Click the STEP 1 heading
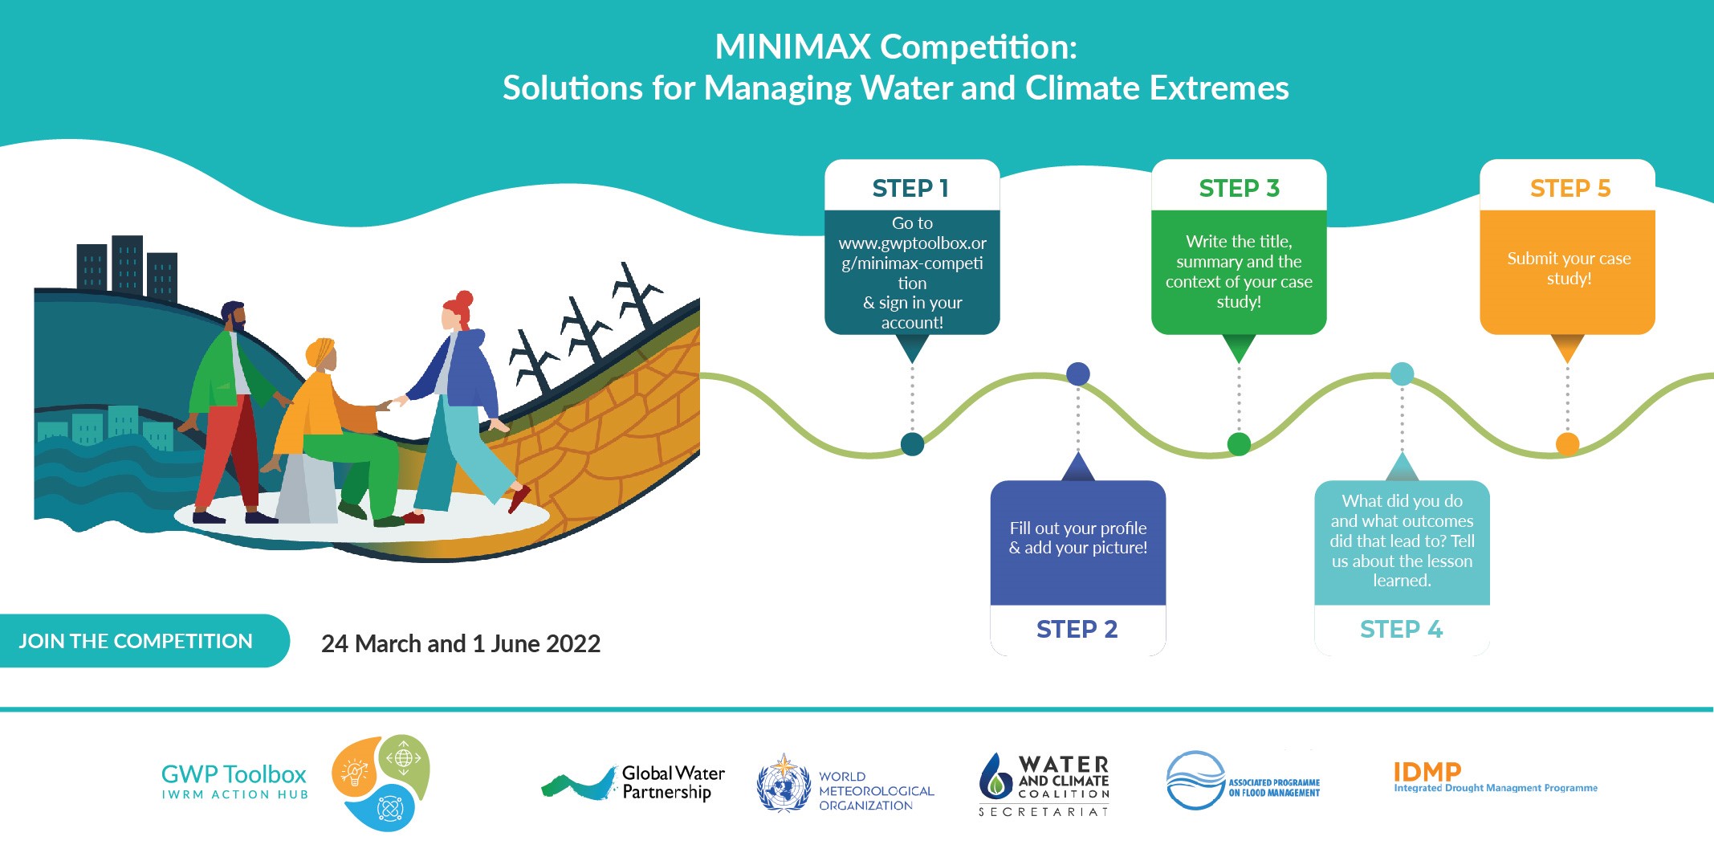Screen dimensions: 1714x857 911,188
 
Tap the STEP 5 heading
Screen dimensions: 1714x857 1570,188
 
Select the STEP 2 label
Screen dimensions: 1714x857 1077,629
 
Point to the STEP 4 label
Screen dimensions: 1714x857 1402,629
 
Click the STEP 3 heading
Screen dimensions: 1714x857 1239,188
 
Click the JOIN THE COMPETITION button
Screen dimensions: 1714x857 136,641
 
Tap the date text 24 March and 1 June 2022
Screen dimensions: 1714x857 461,643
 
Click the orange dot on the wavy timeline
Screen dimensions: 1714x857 1568,443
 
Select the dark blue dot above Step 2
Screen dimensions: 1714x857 1078,373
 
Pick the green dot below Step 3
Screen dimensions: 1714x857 1239,443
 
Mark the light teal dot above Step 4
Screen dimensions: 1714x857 1402,373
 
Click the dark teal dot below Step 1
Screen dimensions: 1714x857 912,443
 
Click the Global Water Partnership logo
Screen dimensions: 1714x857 633,783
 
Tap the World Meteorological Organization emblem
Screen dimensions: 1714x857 784,783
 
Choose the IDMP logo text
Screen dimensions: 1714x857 1427,772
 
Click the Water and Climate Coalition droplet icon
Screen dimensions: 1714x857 995,775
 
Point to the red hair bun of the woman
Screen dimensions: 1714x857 464,299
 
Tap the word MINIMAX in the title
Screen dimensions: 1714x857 792,47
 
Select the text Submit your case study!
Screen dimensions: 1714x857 1569,268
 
